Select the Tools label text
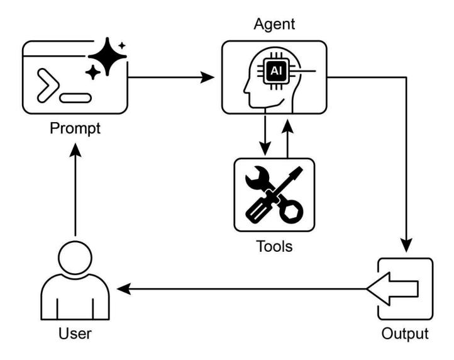[275, 245]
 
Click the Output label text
[406, 333]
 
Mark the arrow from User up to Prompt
[74, 189]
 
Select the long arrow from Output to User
[245, 289]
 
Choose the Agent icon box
[274, 77]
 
